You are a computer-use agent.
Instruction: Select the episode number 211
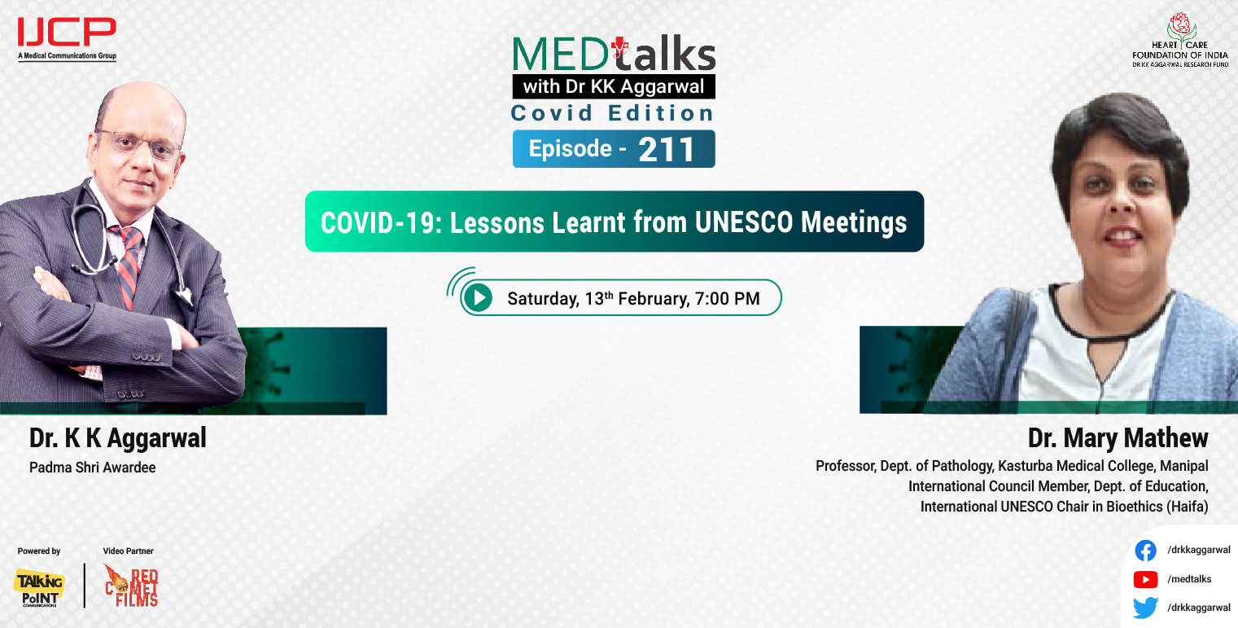pyautogui.click(x=667, y=149)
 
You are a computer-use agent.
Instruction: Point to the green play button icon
pyautogui.click(x=479, y=298)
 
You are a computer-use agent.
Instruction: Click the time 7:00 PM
pyautogui.click(x=727, y=299)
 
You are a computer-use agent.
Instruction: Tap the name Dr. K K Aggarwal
pyautogui.click(x=118, y=438)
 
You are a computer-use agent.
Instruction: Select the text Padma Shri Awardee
pyautogui.click(x=92, y=468)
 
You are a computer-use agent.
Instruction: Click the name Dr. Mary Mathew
pyautogui.click(x=1118, y=438)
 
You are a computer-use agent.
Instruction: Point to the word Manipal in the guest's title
pyautogui.click(x=1183, y=467)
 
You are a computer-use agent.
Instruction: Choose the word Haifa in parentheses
pyautogui.click(x=1186, y=506)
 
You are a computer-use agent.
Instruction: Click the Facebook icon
pyautogui.click(x=1145, y=551)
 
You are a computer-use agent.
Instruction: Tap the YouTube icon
pyautogui.click(x=1145, y=579)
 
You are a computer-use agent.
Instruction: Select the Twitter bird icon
pyautogui.click(x=1145, y=608)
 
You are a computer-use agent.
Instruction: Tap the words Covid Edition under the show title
pyautogui.click(x=612, y=113)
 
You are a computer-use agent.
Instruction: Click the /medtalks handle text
pyautogui.click(x=1189, y=579)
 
